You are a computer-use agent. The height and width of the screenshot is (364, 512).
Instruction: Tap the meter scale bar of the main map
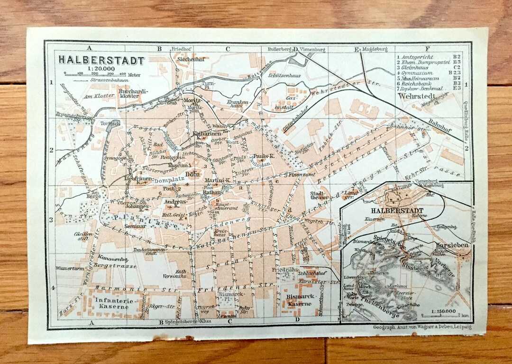(95, 74)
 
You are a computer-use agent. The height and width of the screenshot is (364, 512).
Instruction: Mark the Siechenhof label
(188, 60)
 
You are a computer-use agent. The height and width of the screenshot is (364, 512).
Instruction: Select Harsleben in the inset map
(451, 246)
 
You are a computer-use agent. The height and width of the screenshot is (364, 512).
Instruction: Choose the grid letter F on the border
(428, 49)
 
